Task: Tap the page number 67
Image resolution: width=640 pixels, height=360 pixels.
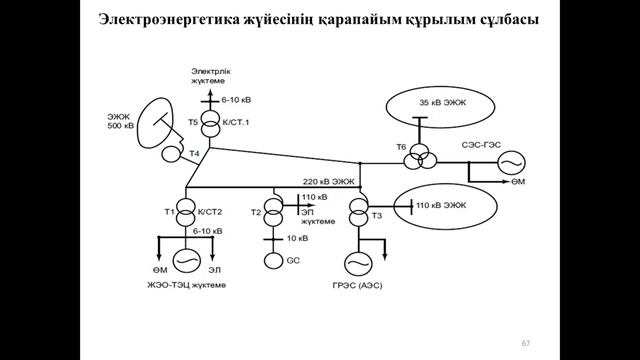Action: tap(524, 343)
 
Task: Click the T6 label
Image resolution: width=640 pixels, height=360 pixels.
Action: tap(400, 147)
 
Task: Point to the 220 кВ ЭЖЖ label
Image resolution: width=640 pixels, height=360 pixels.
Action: tap(328, 182)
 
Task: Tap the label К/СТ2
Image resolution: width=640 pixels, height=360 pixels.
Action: tap(209, 212)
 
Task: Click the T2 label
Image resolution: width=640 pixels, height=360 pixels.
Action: tap(255, 213)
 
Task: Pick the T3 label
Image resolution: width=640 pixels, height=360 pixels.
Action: tap(376, 215)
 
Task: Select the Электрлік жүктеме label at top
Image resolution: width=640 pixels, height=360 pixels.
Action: tap(212, 76)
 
